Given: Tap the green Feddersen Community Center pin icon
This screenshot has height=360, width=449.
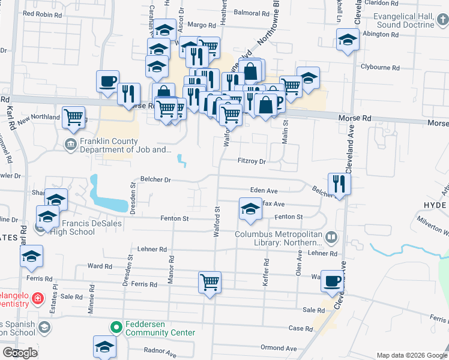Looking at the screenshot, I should (x=117, y=328).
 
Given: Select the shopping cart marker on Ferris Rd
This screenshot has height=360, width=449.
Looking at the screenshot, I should (x=209, y=282).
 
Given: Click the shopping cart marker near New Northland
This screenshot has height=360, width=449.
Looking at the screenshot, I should (x=74, y=118).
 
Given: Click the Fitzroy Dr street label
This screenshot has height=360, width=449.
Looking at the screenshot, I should (x=252, y=161).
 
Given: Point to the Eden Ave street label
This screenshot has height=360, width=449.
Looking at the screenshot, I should (x=264, y=190).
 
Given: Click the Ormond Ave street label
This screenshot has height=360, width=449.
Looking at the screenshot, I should (x=279, y=348).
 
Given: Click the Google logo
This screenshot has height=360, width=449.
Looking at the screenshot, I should (x=20, y=353).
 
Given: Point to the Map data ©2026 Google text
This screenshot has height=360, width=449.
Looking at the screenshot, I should (x=411, y=355).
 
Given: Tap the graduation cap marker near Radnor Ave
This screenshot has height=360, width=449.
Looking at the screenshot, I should (x=104, y=346).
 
